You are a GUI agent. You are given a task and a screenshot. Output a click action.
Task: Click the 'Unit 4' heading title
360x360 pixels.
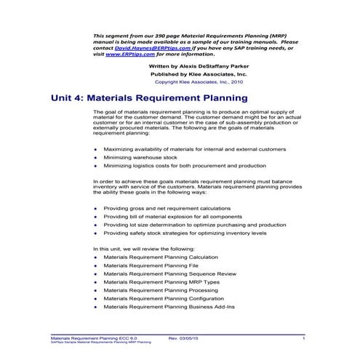(x=161, y=103)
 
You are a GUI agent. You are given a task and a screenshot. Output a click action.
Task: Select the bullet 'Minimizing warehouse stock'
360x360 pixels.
(x=140, y=156)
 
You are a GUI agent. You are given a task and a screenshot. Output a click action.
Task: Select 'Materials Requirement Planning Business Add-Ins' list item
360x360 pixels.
(x=170, y=307)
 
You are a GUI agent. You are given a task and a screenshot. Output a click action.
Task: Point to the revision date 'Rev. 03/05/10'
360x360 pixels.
(x=184, y=338)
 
